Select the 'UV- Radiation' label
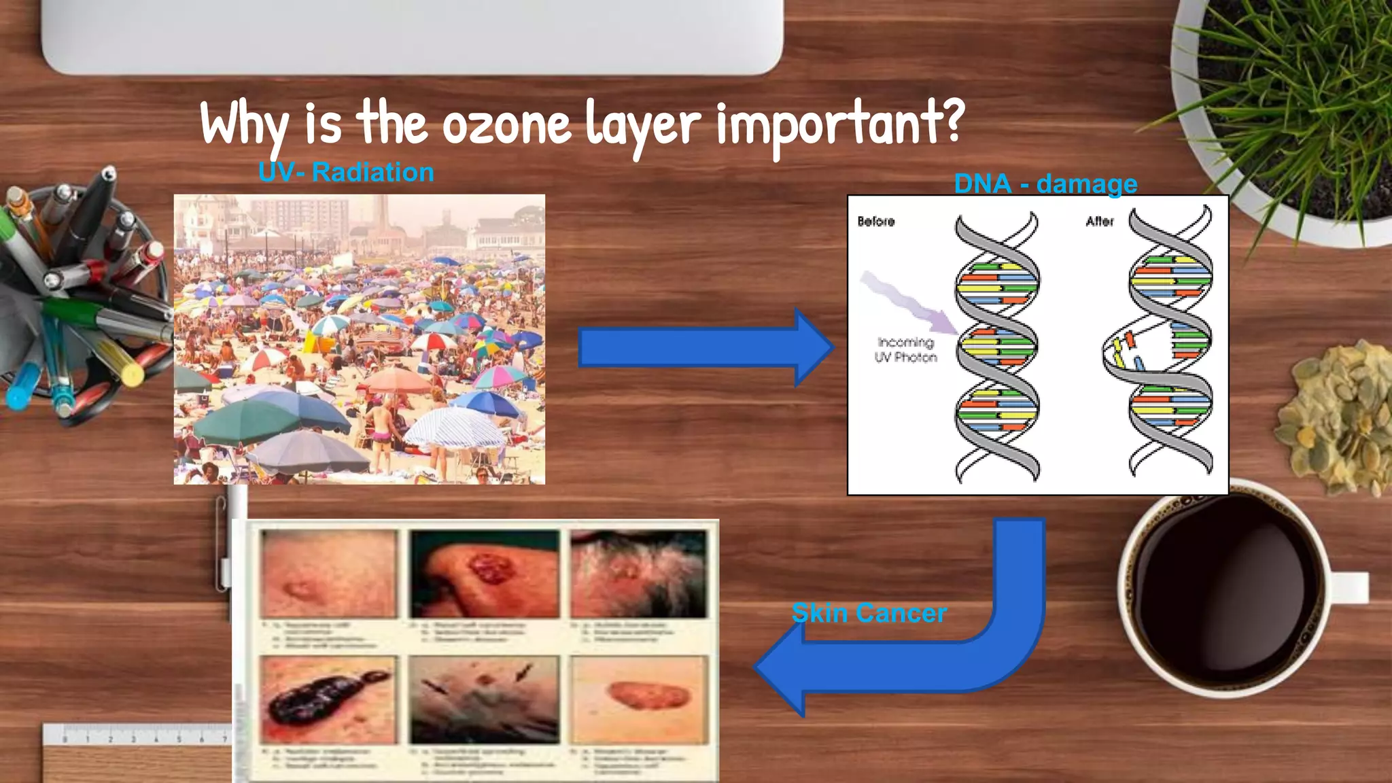pos(346,173)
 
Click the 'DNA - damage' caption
pos(1045,184)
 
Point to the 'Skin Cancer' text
pos(869,613)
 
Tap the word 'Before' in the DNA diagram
pos(875,222)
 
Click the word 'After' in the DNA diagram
pos(1099,222)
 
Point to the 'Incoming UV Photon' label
pos(905,350)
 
